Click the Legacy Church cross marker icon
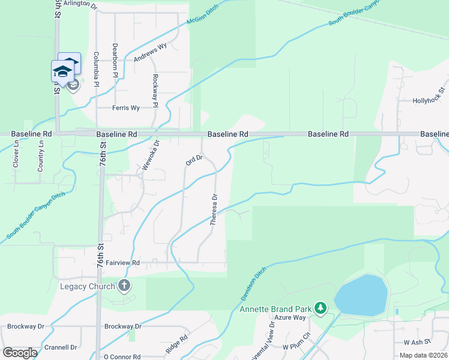124,285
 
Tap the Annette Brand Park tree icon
321,308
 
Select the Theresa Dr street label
213,209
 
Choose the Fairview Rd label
122,263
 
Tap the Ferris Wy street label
126,108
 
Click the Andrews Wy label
150,53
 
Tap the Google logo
20,352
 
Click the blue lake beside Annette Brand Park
361,295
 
